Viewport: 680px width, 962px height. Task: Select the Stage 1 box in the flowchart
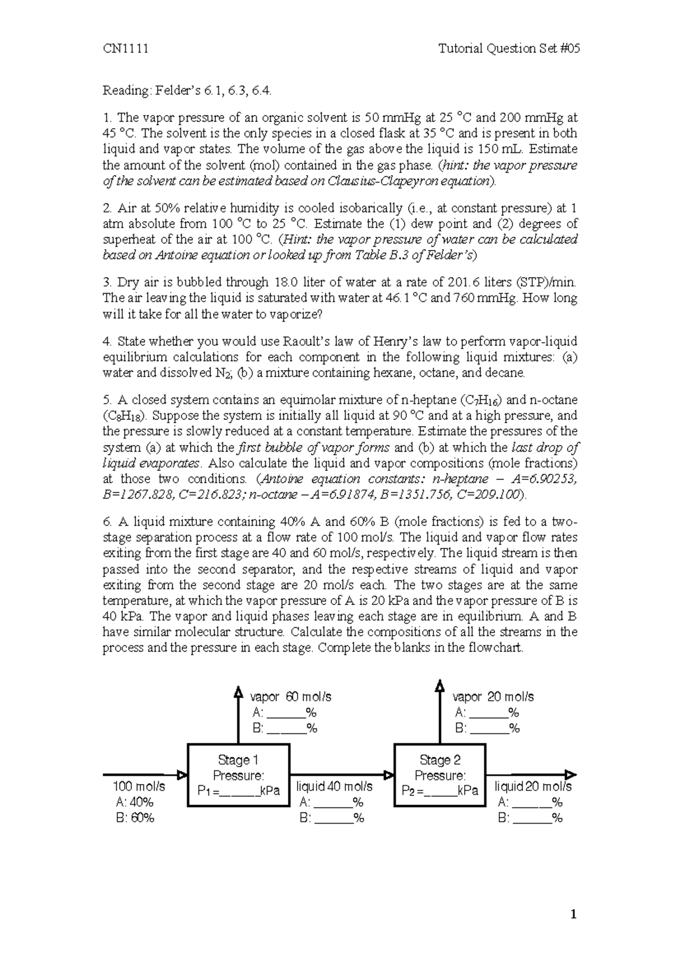tap(238, 774)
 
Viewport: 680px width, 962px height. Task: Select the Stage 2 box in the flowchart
tap(440, 774)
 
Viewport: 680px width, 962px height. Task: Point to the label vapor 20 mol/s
tap(493, 697)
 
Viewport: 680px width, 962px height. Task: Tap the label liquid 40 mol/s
tap(334, 786)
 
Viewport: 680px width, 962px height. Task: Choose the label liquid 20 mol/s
tap(533, 786)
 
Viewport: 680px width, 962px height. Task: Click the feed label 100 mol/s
tap(139, 786)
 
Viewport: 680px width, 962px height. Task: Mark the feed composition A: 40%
tap(134, 802)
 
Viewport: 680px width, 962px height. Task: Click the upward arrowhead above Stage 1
tap(238, 690)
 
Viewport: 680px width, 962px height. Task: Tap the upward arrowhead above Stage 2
tap(440, 686)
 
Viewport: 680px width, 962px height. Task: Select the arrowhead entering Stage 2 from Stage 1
tap(389, 774)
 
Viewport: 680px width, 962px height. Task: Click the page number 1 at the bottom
tap(575, 914)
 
